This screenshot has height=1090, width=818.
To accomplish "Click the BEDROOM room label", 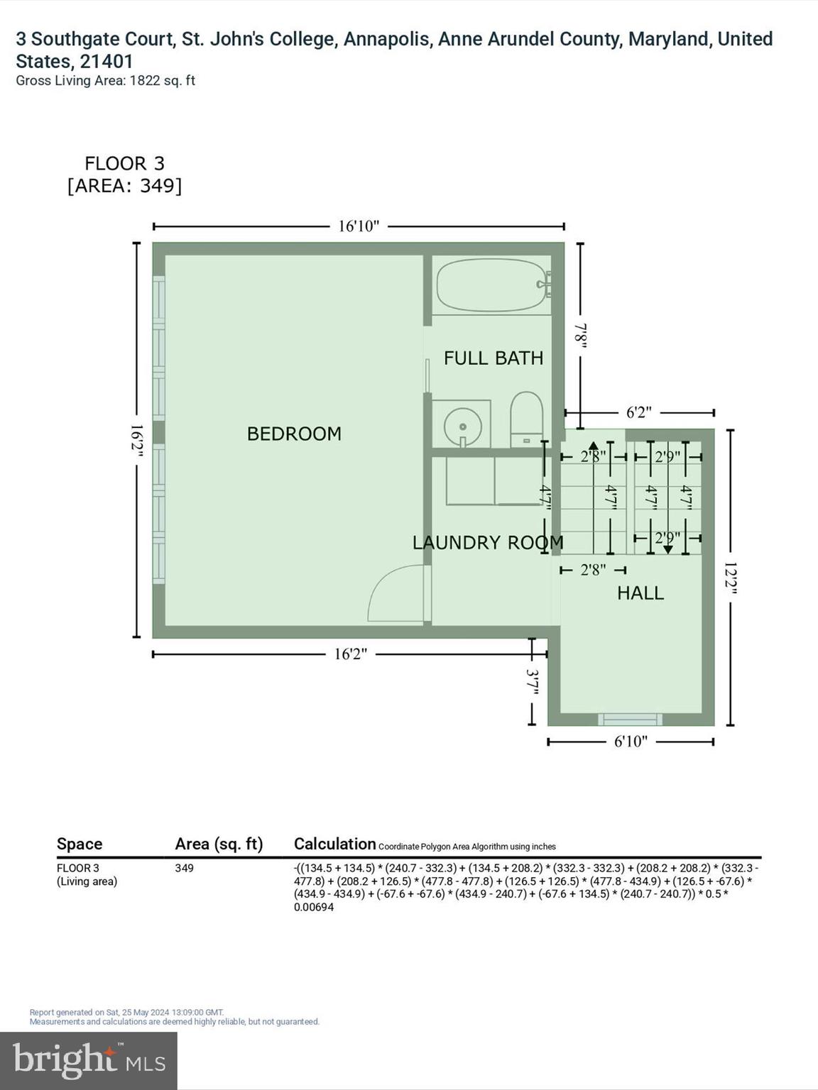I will click(294, 434).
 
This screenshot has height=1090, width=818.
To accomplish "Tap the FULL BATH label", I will click(493, 358).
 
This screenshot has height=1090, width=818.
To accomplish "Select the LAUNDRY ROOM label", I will click(488, 543).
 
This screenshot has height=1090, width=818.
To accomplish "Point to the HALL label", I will click(640, 593).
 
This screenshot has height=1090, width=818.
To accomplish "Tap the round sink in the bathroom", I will click(462, 426).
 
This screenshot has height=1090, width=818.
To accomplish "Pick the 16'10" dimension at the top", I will click(359, 226).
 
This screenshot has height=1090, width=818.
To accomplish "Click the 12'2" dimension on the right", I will click(731, 579).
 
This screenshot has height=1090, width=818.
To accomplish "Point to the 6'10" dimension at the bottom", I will click(631, 742).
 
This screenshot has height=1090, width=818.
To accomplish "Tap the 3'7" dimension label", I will click(532, 682).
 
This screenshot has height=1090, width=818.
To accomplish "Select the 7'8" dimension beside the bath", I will click(580, 336).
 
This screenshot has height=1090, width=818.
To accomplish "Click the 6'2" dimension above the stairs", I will click(638, 413).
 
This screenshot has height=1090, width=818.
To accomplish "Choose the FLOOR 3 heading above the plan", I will click(124, 164).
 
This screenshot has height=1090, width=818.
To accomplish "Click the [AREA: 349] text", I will click(124, 186).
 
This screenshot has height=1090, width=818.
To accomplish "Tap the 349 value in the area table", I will click(184, 868).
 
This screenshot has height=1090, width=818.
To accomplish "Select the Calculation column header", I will click(334, 844).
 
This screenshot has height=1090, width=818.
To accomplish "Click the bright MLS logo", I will click(89, 1061).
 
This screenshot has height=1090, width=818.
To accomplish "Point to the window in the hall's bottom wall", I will click(630, 720).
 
